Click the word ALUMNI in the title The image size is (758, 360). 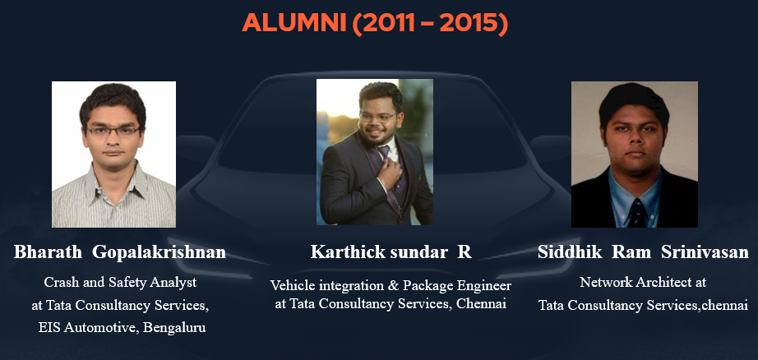pyautogui.click(x=294, y=23)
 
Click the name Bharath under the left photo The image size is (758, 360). pyautogui.click(x=48, y=252)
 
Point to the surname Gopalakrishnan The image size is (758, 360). pyautogui.click(x=159, y=252)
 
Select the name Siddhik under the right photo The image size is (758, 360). pyautogui.click(x=570, y=252)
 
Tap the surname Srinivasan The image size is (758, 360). pyautogui.click(x=705, y=252)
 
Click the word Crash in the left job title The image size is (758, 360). pyautogui.click(x=57, y=282)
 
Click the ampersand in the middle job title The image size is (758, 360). pyautogui.click(x=392, y=285)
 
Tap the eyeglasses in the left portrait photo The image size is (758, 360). pyautogui.click(x=113, y=131)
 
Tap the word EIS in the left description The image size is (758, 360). pyautogui.click(x=49, y=328)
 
